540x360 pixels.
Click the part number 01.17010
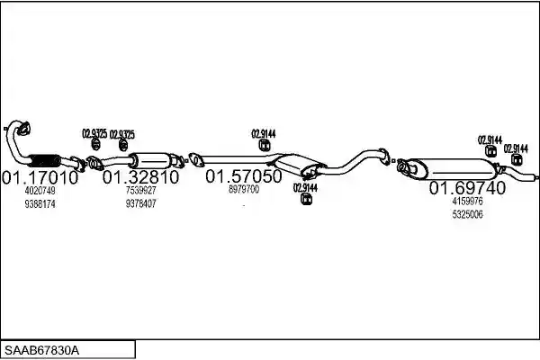point(40,178)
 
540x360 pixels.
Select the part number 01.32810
point(141,177)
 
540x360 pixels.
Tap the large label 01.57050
point(244,176)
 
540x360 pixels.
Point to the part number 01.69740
point(468,188)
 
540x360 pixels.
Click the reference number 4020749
point(40,191)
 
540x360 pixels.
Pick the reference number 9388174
point(40,204)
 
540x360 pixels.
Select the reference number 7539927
point(141,190)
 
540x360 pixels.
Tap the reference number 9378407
point(141,203)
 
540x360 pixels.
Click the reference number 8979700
point(244,189)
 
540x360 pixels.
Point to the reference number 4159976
point(468,201)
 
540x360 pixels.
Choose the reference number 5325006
point(468,214)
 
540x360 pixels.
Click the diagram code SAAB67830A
point(41,351)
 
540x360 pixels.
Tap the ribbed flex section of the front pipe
point(44,160)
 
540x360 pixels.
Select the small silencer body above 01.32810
point(152,160)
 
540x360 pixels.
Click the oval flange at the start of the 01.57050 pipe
point(195,159)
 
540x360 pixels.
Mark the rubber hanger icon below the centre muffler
point(306,199)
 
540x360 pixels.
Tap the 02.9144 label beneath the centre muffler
point(305,188)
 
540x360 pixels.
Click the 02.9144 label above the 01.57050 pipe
point(264,134)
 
